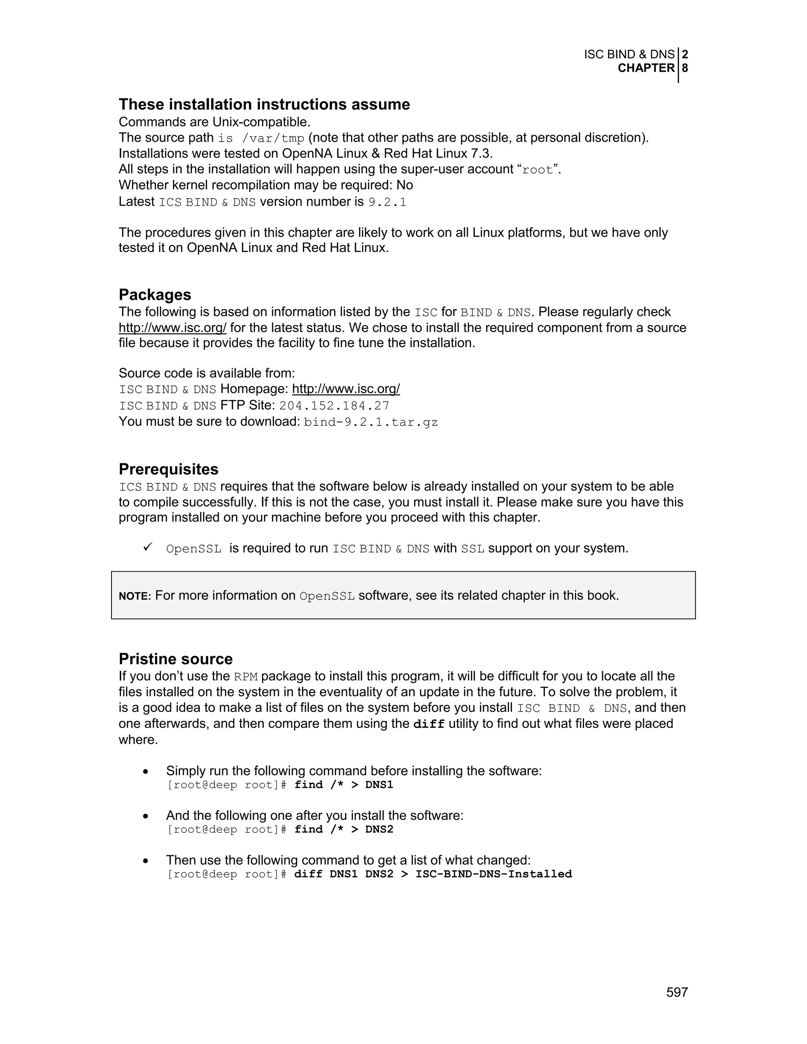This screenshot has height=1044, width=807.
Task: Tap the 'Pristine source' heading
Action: point(175,659)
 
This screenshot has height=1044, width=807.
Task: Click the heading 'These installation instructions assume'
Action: point(264,104)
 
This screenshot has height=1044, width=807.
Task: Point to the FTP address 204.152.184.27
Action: point(334,406)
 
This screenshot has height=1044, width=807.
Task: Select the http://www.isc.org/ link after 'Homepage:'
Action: point(346,389)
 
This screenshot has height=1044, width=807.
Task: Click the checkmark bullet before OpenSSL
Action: point(148,547)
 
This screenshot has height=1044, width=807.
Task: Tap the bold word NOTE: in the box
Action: point(135,596)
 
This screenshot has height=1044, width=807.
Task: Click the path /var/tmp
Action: point(273,139)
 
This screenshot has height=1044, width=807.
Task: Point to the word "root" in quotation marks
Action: point(537,170)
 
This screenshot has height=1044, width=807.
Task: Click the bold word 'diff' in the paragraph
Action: point(429,724)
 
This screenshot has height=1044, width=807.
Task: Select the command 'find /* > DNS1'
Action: point(344,785)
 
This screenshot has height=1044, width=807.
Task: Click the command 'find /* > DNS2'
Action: point(344,829)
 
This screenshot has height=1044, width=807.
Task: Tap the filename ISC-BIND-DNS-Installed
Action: point(493,874)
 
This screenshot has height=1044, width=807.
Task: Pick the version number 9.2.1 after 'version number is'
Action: point(387,202)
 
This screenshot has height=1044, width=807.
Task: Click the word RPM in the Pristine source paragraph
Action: point(246,677)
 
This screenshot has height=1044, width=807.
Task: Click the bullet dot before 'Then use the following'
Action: point(146,861)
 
